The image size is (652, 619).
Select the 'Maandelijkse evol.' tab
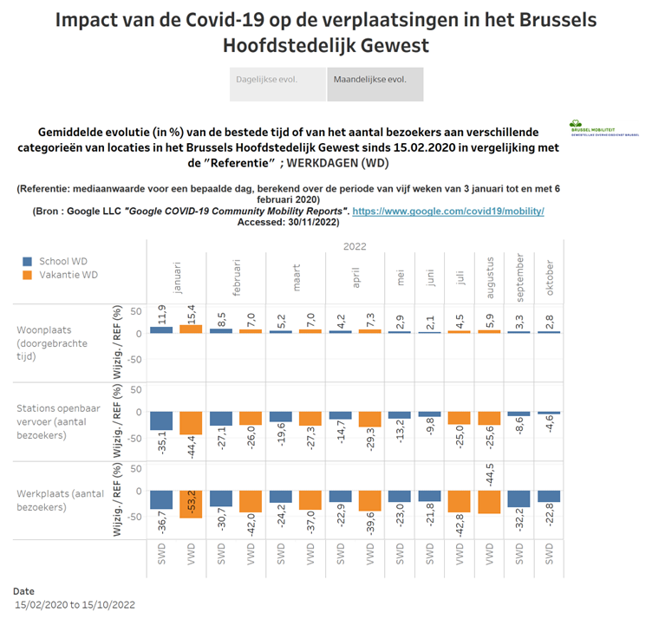375,80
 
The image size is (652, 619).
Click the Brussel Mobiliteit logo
604,128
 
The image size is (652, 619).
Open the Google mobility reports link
447,211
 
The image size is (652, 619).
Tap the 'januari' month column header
179,276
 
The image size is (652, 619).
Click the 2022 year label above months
355,246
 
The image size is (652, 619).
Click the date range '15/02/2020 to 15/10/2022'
75,604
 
